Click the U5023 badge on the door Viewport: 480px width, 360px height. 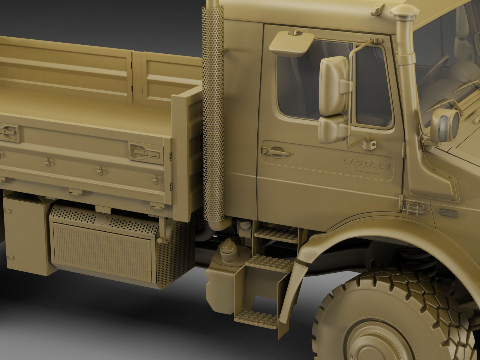click(367, 164)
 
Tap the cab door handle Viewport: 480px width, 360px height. click(274, 152)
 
